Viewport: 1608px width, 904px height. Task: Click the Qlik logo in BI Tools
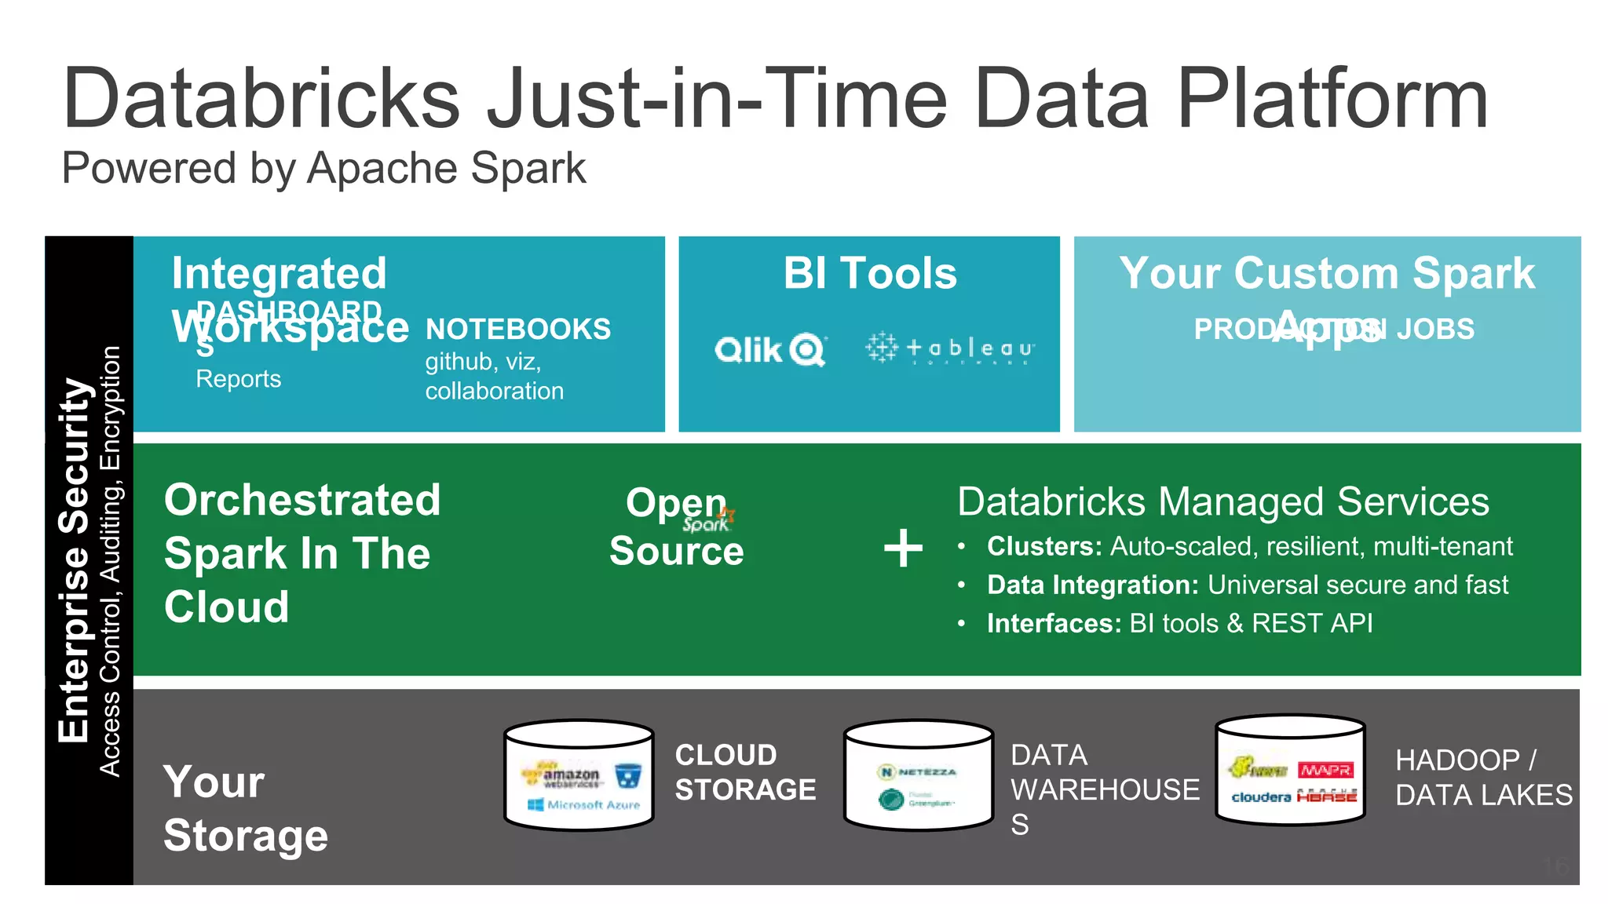click(769, 350)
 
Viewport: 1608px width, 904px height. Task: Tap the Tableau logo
click(950, 348)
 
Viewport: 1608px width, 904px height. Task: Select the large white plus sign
click(903, 548)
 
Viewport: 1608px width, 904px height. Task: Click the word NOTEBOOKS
click(517, 329)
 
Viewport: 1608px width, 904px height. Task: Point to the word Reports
click(238, 379)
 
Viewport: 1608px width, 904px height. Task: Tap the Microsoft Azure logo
click(584, 804)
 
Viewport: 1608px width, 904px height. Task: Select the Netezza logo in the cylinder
click(917, 772)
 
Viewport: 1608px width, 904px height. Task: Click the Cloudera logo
click(1261, 797)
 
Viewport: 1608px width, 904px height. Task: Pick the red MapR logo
click(1325, 770)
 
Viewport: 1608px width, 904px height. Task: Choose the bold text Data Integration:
click(1092, 585)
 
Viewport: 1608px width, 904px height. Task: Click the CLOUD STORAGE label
click(744, 772)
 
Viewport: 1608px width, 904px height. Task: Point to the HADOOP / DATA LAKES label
click(1482, 778)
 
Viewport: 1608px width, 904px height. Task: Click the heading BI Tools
click(870, 274)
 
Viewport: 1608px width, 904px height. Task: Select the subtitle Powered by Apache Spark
click(323, 168)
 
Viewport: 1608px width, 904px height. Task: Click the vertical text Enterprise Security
click(75, 560)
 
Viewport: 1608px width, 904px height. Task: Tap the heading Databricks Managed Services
click(1222, 501)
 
